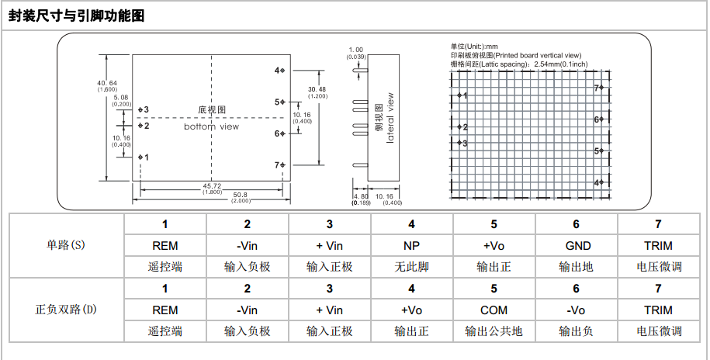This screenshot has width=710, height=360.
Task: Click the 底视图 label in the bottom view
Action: tap(211, 110)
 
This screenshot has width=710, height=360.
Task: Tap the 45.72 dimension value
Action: tap(212, 185)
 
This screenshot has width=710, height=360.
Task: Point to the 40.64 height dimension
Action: tap(107, 83)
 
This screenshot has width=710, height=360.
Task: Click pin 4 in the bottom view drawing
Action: tap(279, 71)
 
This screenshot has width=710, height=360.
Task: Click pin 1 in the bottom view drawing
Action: tap(142, 157)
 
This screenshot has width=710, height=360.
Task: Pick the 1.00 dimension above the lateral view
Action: tap(356, 50)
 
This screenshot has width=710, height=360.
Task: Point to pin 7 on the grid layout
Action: tap(598, 88)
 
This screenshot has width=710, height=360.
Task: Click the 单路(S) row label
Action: tap(66, 245)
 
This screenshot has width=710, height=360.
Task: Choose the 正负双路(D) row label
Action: tap(66, 310)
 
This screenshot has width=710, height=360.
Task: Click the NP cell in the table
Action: tap(411, 245)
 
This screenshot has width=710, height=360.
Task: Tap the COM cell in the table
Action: tap(494, 310)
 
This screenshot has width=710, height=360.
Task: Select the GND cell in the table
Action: tap(576, 245)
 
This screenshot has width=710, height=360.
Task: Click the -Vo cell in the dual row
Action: tap(576, 310)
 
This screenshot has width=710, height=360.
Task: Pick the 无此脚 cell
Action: tap(411, 267)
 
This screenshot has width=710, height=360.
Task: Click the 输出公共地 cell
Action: tap(494, 331)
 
